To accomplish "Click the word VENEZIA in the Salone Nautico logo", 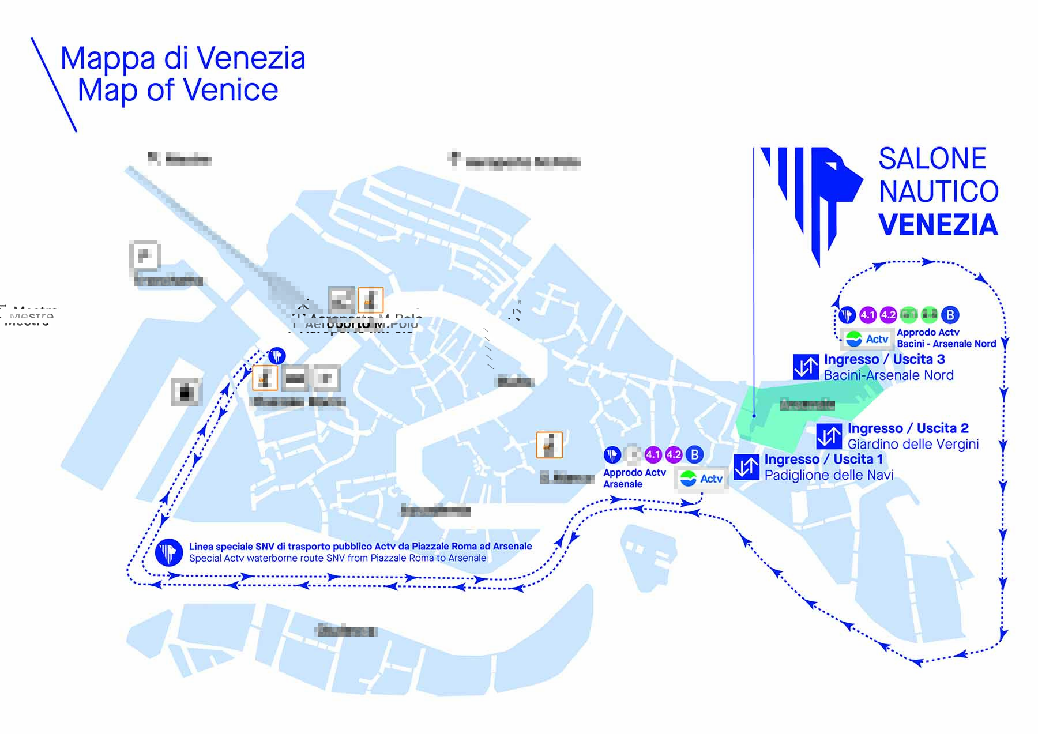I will click(x=938, y=225).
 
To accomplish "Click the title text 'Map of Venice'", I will click(x=178, y=91).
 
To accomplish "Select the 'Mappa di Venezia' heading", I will click(x=183, y=58).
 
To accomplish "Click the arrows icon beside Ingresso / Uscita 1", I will click(x=746, y=467).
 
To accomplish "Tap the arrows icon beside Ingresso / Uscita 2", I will click(x=829, y=436).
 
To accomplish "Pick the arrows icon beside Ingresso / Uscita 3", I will click(x=806, y=367).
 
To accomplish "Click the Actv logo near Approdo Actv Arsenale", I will click(x=701, y=479).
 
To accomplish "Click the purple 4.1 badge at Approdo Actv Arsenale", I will click(x=653, y=455).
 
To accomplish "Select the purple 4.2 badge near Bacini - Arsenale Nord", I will click(x=888, y=315).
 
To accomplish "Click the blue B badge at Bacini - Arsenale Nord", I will click(x=950, y=315).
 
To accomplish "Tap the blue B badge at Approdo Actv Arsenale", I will click(x=695, y=455).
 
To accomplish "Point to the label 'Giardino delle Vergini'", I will click(x=913, y=444).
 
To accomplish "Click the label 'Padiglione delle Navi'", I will click(x=829, y=475).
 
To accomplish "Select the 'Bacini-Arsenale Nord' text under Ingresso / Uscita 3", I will click(x=888, y=375).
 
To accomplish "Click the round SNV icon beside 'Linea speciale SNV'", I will click(x=169, y=552).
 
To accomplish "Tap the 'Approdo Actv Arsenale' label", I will click(x=634, y=478).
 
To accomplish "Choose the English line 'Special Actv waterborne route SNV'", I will click(x=337, y=558).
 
